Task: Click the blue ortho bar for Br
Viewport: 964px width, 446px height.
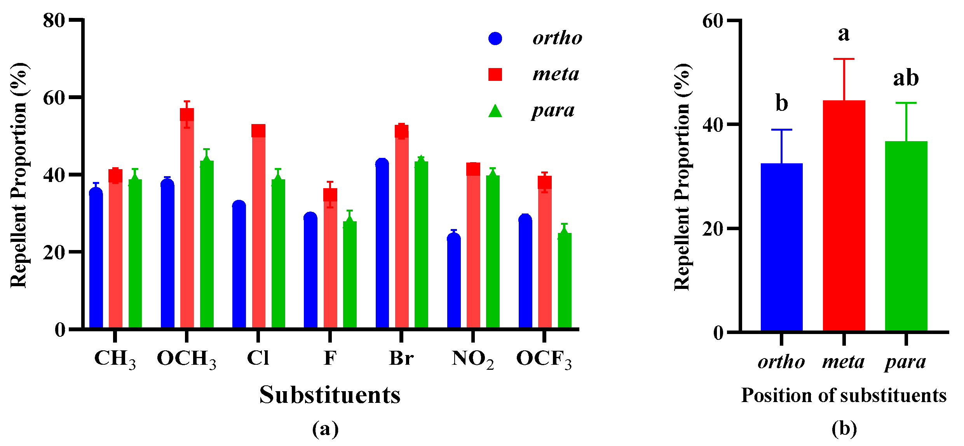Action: coord(382,245)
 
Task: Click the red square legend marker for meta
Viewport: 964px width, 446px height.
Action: coord(495,74)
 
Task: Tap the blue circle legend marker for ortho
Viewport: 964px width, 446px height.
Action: coord(495,38)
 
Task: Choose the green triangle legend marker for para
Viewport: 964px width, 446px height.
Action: coord(495,111)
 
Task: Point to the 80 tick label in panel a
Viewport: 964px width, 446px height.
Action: coord(54,20)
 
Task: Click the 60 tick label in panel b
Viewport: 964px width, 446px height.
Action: coord(713,21)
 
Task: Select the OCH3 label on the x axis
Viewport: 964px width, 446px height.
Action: coord(187,359)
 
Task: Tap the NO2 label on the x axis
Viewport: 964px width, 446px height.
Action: coord(472,359)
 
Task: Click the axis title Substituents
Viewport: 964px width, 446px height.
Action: coord(330,395)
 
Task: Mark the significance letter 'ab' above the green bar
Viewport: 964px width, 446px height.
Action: coord(906,78)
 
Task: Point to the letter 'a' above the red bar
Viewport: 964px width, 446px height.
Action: coord(844,34)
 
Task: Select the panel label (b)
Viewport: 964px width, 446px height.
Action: coord(844,429)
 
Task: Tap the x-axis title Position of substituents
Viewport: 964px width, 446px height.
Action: coord(844,395)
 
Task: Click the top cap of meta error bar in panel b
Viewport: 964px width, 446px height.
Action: coord(844,59)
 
